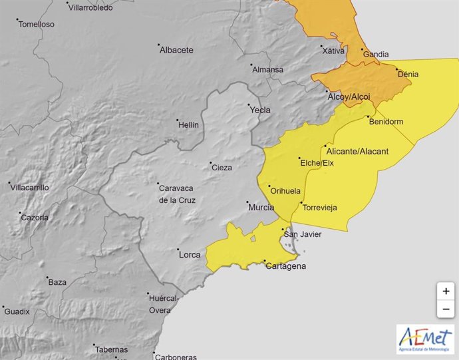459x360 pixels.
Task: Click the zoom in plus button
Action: (x=445, y=291)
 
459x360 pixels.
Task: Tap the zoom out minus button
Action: (x=445, y=309)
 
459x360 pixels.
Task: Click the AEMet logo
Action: (x=425, y=339)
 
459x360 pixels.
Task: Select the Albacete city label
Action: (x=177, y=50)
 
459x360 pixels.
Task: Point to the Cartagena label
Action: (x=286, y=266)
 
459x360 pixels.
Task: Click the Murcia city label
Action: (x=261, y=208)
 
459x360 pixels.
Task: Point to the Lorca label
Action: (x=189, y=254)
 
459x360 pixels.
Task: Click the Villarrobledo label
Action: (x=92, y=8)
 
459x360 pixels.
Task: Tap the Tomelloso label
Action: (x=36, y=25)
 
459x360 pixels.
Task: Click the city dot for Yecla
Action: (x=249, y=105)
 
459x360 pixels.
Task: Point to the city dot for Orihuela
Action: (x=269, y=186)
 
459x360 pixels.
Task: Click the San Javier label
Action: (x=303, y=234)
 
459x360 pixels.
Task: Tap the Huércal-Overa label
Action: (x=164, y=304)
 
